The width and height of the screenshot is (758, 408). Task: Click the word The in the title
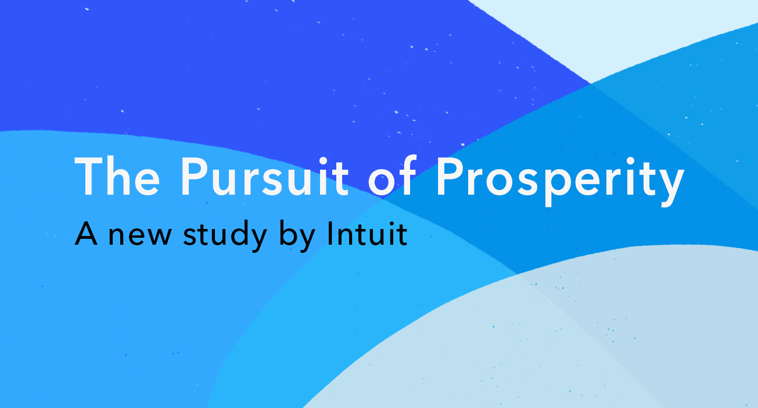point(117,176)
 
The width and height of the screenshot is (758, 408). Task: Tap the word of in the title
point(393,176)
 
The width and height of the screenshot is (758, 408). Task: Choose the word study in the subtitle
point(225,235)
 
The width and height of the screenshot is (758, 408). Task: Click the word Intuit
point(367,233)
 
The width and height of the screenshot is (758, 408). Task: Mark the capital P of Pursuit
point(194,176)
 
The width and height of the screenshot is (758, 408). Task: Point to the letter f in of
point(407,176)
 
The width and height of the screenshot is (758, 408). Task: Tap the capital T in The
point(89,177)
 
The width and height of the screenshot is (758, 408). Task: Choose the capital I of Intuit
point(329,233)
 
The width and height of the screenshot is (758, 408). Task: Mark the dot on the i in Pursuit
point(322,160)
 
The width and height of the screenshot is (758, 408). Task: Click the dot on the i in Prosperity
point(630,160)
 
